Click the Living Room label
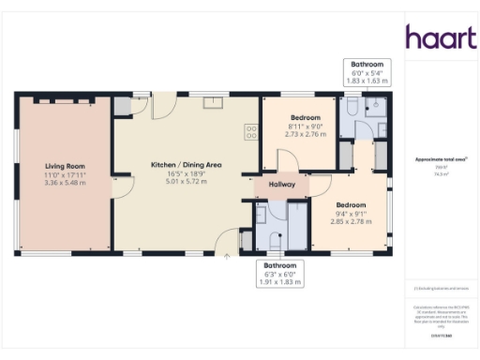click(65, 166)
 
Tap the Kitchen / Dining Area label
click(187, 165)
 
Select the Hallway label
click(282, 185)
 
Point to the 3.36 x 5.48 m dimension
click(65, 183)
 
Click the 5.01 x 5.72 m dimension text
click(187, 182)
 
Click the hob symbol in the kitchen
click(251, 132)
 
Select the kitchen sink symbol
click(213, 101)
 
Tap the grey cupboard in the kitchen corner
click(123, 104)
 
